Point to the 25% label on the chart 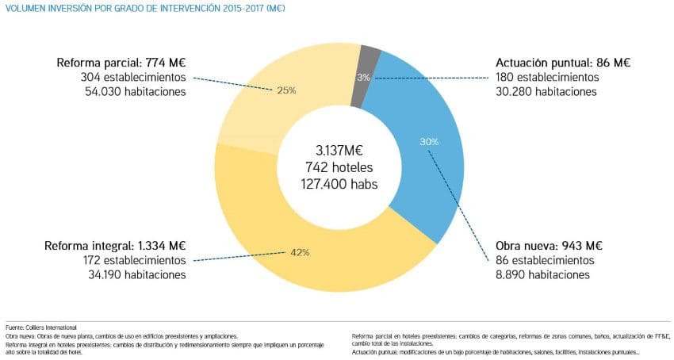(x=286, y=90)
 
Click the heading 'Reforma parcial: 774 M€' (x=121, y=63)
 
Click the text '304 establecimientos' (x=132, y=78)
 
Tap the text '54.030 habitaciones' (x=134, y=92)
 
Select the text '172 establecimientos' (x=132, y=260)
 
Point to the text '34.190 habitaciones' (x=134, y=274)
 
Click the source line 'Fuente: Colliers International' (x=41, y=327)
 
